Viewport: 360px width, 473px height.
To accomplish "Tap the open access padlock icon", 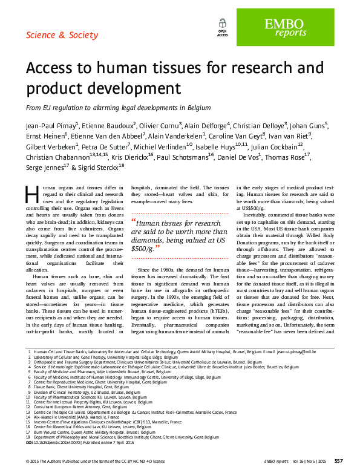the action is (223, 24).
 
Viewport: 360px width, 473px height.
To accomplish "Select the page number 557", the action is (339, 462).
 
